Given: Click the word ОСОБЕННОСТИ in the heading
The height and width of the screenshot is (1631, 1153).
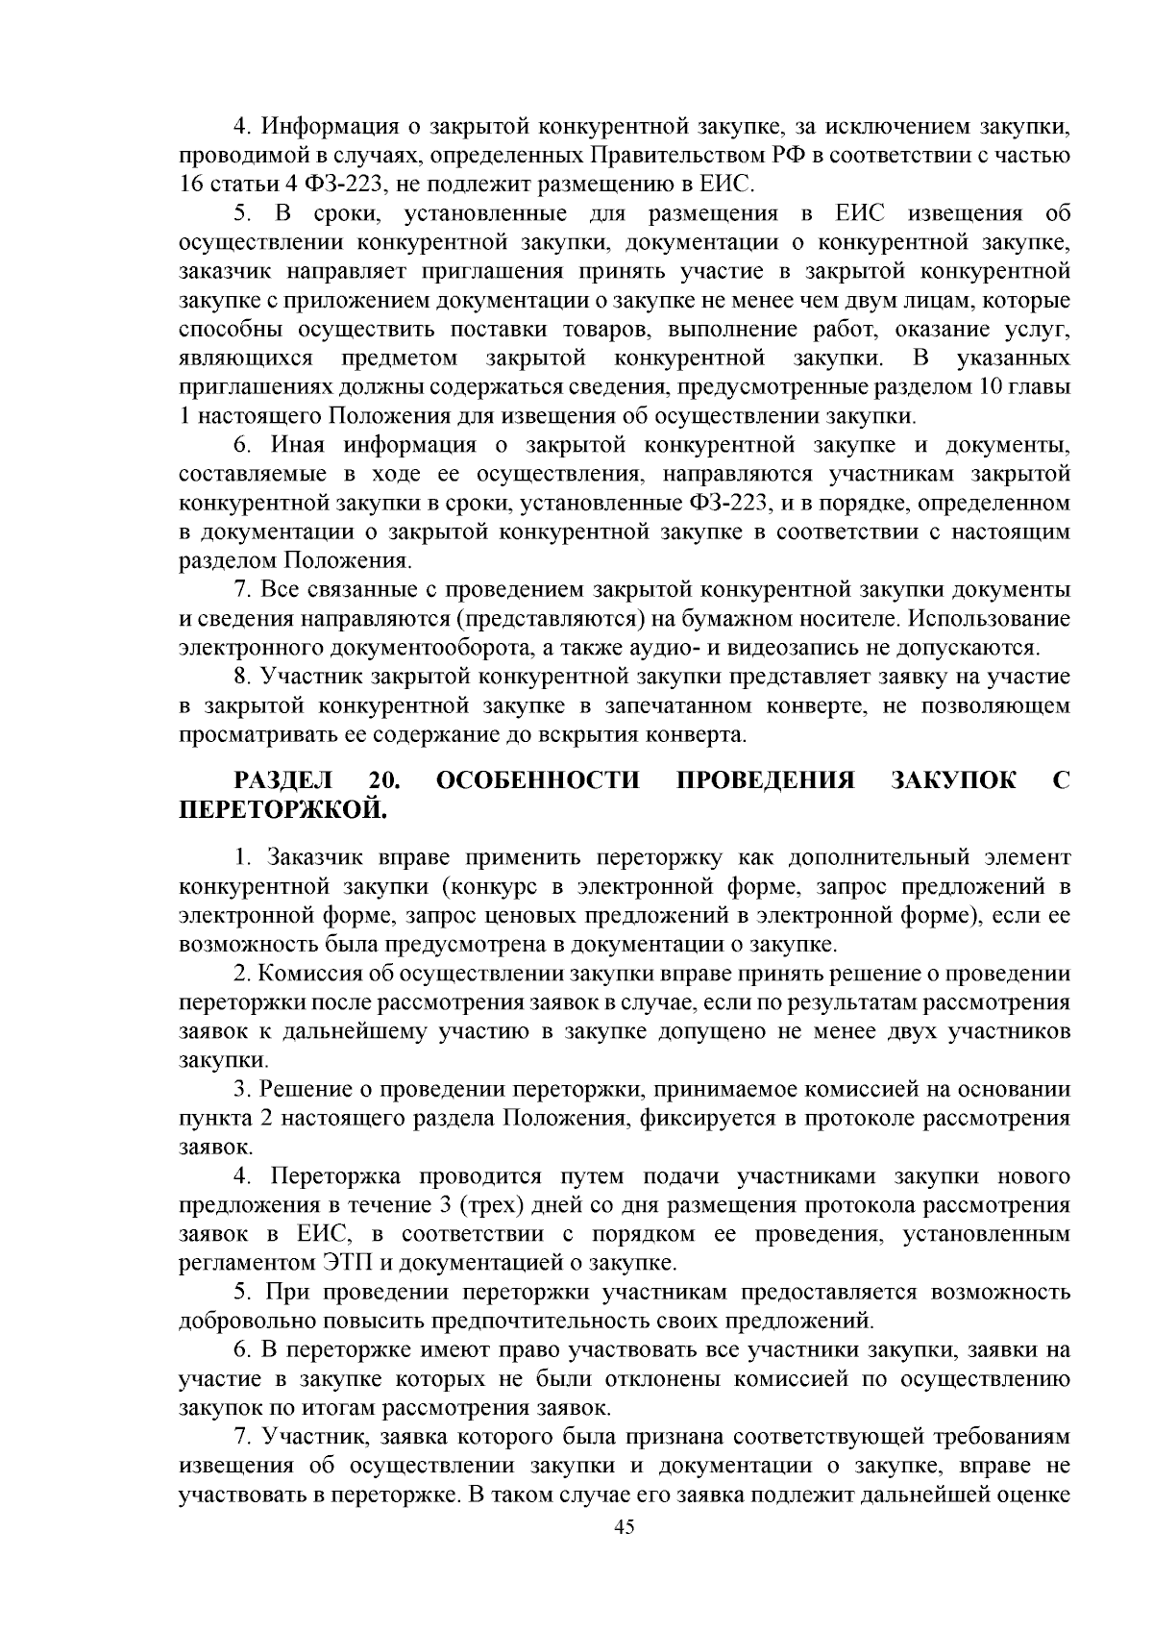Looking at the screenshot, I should point(538,779).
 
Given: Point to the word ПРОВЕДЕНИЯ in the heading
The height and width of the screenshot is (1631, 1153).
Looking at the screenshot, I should point(766,779).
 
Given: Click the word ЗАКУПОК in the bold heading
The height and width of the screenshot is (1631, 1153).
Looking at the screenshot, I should point(954,779).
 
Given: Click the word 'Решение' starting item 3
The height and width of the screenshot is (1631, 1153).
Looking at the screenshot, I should point(305,1090).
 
